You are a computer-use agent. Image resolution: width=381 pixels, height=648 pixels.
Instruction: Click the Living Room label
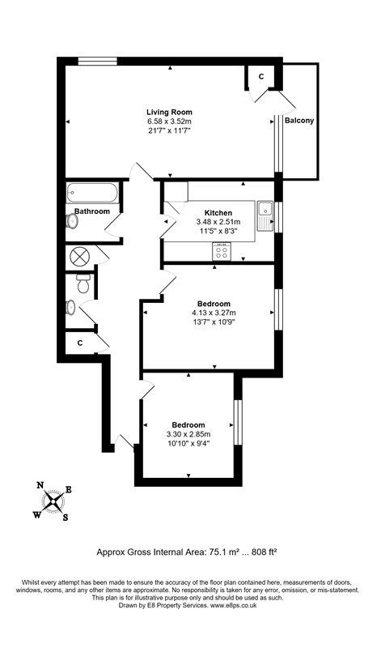169,112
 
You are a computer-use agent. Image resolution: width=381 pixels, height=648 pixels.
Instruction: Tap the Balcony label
299,121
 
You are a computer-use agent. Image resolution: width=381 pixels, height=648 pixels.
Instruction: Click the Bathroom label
92,211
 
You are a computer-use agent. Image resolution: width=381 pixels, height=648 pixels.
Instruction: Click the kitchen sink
265,216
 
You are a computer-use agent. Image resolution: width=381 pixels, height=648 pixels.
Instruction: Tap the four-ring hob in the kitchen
222,252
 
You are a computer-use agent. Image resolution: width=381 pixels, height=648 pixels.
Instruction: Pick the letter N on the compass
40,485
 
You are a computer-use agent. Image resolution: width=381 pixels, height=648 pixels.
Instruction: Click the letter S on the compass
66,517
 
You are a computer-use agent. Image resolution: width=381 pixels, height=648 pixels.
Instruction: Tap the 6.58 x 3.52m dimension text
169,122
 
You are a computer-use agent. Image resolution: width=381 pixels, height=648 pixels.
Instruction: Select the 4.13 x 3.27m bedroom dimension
214,313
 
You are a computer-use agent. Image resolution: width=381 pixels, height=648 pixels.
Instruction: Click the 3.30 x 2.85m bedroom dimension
188,434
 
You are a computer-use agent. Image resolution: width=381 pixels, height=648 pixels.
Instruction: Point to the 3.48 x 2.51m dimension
218,222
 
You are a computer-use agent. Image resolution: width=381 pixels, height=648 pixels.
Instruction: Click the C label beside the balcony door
261,76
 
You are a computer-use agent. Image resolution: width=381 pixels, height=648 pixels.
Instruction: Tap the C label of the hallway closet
80,343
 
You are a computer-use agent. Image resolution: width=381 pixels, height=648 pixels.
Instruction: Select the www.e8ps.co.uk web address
233,605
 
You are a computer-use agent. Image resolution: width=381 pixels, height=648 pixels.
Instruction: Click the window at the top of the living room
98,62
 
